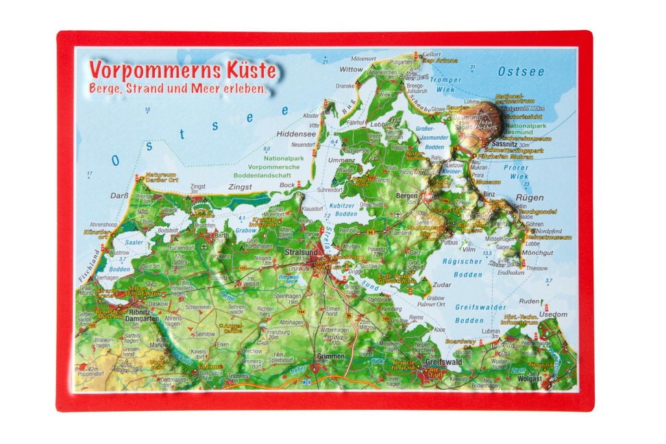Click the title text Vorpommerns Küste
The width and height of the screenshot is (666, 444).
183,71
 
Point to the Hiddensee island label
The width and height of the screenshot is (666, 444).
296,134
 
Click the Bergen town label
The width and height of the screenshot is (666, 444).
407,195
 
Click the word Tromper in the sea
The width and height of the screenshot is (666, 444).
448,81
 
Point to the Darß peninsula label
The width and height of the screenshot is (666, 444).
120,195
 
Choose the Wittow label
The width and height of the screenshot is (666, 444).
351,69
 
